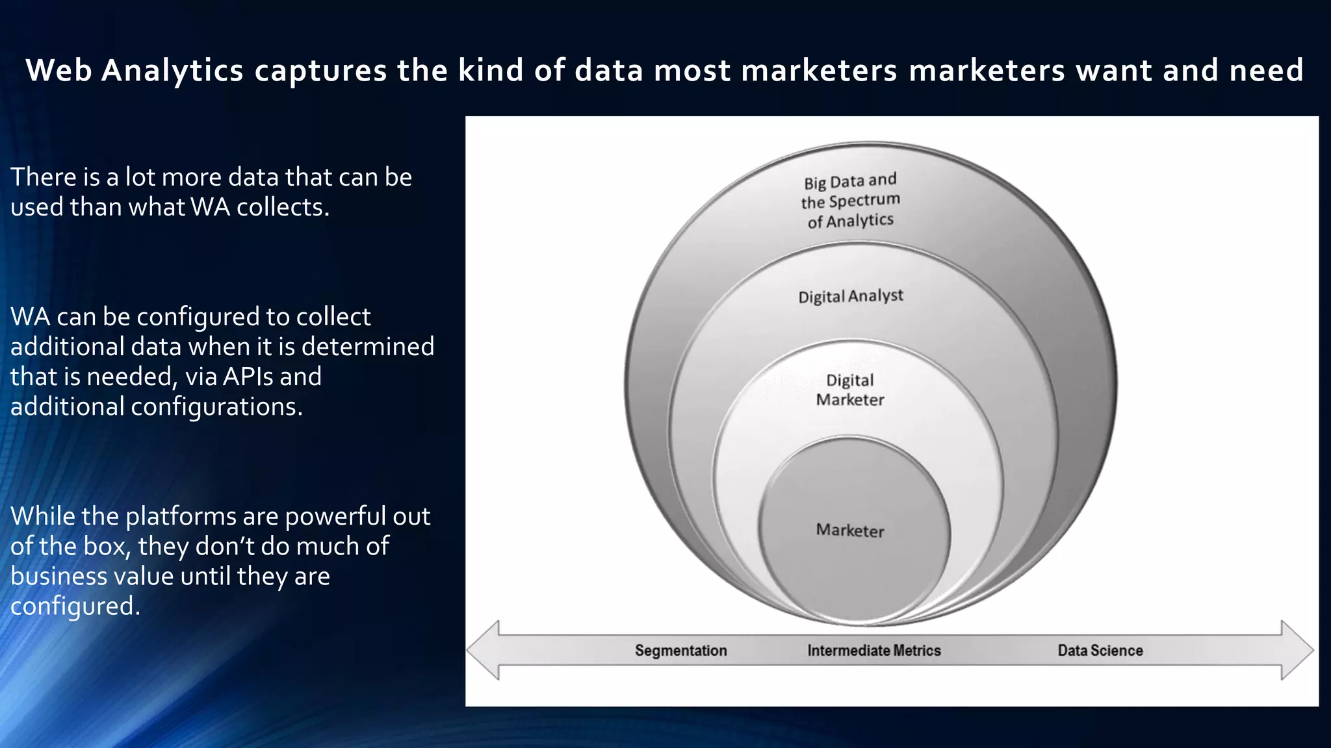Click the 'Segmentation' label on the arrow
[x=680, y=650]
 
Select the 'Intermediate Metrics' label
[x=873, y=650]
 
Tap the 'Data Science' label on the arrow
[x=1100, y=650]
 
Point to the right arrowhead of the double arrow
[x=1297, y=650]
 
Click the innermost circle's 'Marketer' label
[x=850, y=530]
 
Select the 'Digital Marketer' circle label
[x=850, y=390]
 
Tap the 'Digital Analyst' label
[x=851, y=296]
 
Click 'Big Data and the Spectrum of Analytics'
[x=850, y=201]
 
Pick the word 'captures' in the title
[x=320, y=70]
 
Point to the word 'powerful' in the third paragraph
[x=333, y=517]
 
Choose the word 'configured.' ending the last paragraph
[x=75, y=606]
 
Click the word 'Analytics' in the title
[x=172, y=70]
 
